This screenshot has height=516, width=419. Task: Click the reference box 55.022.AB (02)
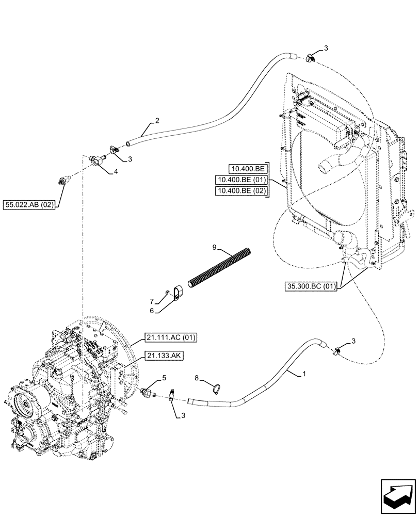[x=31, y=203]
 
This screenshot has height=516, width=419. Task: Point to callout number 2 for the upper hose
[x=157, y=121]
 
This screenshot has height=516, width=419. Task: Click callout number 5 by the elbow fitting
[x=164, y=378]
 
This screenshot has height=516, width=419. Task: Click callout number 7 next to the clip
[x=152, y=301]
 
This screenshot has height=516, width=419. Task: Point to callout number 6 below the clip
[x=152, y=311]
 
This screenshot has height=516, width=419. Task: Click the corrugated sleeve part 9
[x=221, y=268]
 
